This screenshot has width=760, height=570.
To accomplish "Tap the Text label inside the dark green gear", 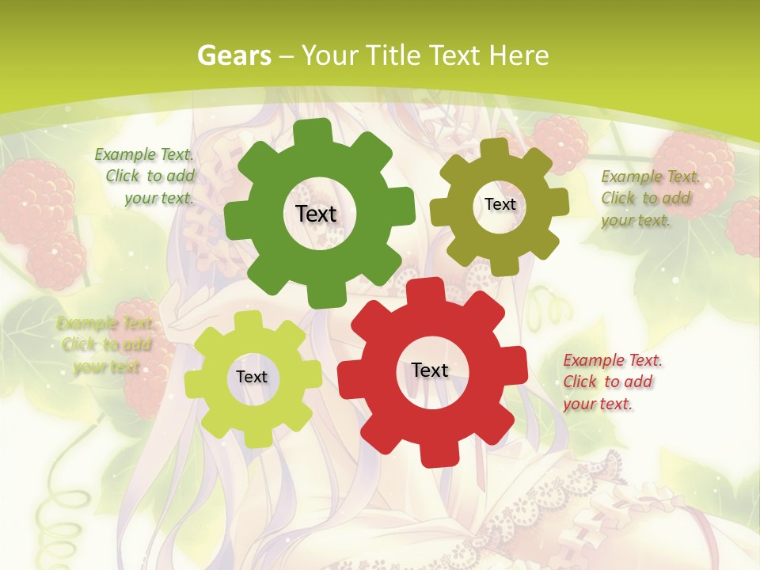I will pos(316,214).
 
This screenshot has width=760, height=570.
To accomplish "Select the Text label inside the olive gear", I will pos(500,204).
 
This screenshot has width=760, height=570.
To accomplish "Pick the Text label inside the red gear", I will pos(430,370).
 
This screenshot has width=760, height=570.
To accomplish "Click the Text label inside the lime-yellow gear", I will pos(252,377).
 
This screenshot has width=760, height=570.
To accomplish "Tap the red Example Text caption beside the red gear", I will pos(611,382).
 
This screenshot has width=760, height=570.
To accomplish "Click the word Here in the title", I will pos(519,55).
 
